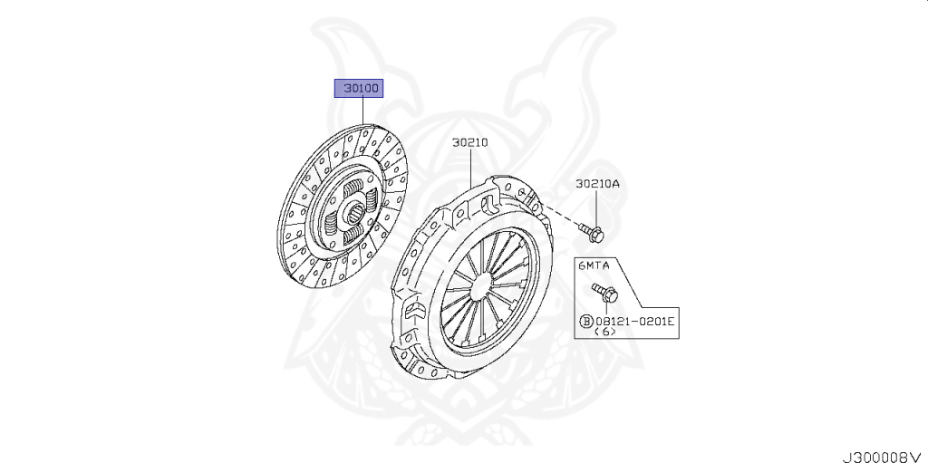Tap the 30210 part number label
click(470, 142)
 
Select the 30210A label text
click(597, 184)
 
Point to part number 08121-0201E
click(635, 321)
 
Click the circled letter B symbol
click(586, 321)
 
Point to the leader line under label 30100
click(362, 111)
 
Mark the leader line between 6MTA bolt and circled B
click(604, 308)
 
